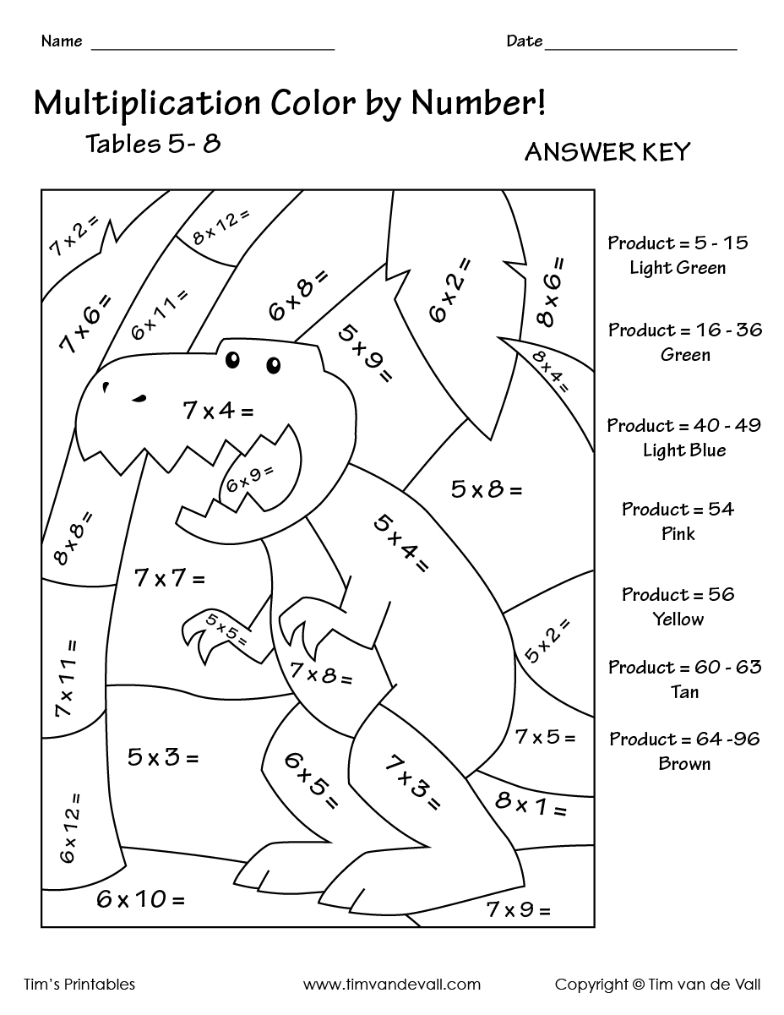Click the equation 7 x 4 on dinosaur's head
217,412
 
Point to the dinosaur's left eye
233,359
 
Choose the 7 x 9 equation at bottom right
518,910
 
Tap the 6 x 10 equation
140,900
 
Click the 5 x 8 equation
486,489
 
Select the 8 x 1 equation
531,804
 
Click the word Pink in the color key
678,534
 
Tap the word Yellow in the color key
678,619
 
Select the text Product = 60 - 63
685,668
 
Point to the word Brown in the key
684,764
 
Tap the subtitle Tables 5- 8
153,143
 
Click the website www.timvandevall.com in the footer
392,985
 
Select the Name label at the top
62,41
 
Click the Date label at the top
524,41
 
